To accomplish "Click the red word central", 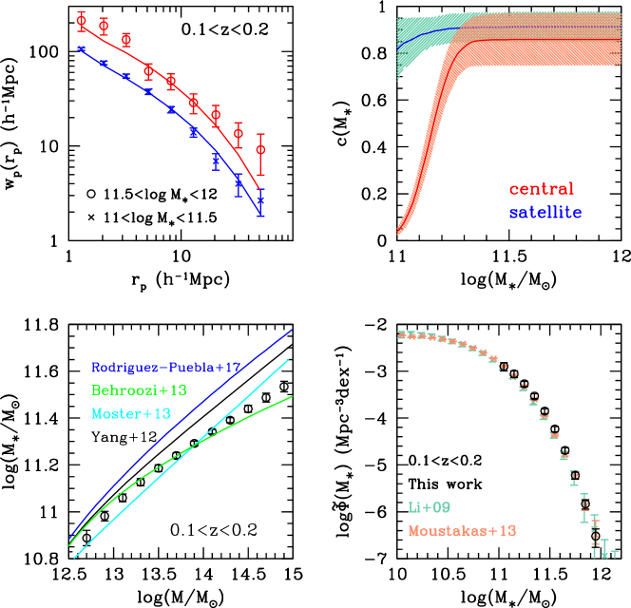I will coord(542,189).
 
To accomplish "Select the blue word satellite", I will coord(545,213).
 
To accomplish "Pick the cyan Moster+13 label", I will coord(131,414).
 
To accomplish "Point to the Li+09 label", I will coord(430,507).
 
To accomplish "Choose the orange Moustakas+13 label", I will coord(462,531).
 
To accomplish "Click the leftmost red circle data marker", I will coord(82,20).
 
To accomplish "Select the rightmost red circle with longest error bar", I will coord(260,149).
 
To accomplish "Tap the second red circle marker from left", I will coord(104,26).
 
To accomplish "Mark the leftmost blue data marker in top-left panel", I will coord(82,47).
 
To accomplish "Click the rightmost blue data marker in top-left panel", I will coord(260,201).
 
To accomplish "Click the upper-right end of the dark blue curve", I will coord(292,330).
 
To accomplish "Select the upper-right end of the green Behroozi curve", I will coord(292,396).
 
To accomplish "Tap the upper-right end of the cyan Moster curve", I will coord(288,360).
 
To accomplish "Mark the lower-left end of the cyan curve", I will coord(75,557).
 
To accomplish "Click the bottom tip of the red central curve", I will coord(398,231).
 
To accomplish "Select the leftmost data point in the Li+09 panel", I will coord(401,333).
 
